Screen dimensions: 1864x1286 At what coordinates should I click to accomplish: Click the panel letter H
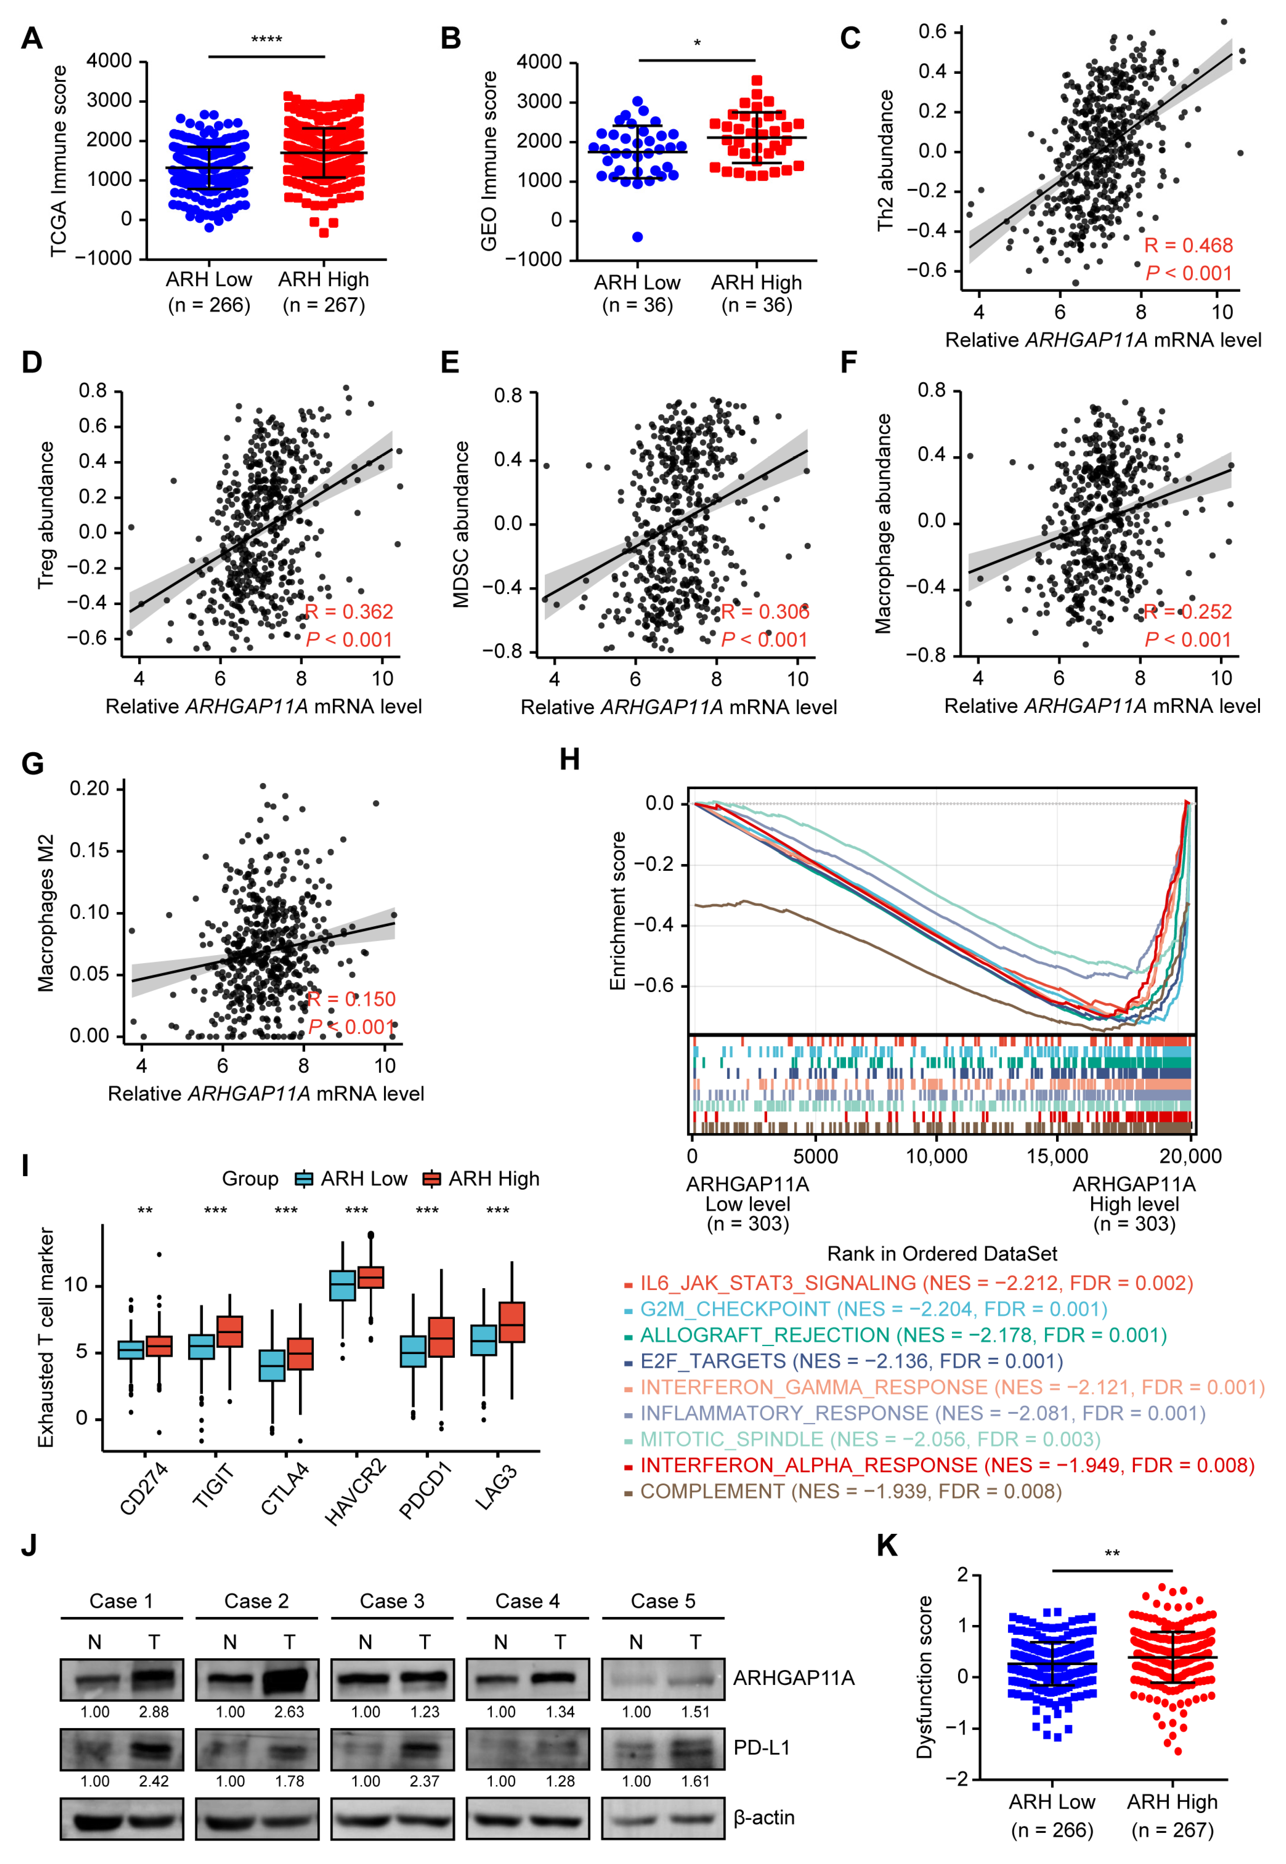tap(570, 759)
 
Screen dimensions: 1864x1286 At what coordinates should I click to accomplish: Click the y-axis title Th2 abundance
tap(885, 161)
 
